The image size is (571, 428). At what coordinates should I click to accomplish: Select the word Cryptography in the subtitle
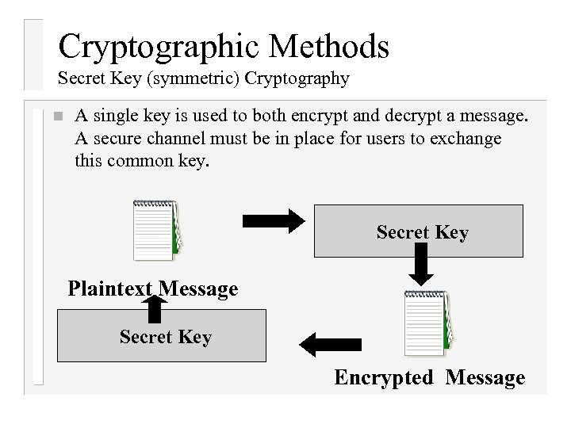pos(297,78)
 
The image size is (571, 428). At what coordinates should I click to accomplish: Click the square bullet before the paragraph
pos(55,116)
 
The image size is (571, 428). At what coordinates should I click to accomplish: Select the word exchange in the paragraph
pos(467,139)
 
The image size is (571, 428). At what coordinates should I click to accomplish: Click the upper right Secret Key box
pos(420,231)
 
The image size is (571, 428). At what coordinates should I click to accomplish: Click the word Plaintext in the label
pos(110,289)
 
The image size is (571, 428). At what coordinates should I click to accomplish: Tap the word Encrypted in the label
pos(384,377)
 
